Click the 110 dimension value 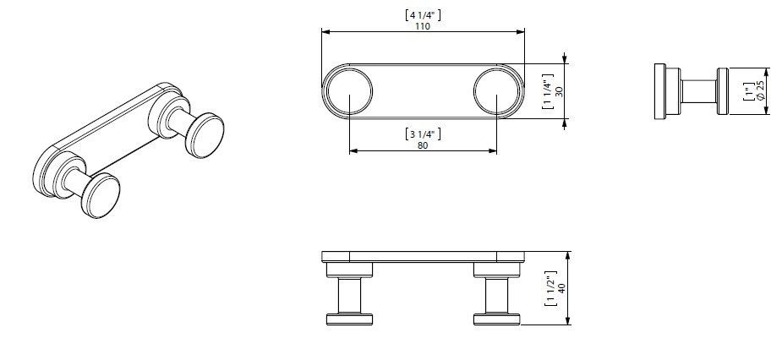point(423,26)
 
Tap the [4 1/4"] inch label point(423,14)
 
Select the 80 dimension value point(423,145)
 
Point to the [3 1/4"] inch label point(423,134)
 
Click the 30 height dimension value point(559,91)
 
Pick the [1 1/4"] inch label point(548,91)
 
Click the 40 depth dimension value point(561,289)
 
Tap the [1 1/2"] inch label point(550,289)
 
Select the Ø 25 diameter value point(760,91)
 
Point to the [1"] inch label point(748,91)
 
